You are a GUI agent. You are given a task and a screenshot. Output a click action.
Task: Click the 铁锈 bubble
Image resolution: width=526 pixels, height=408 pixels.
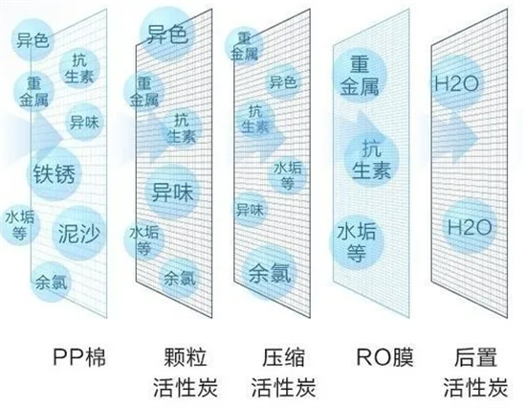(55, 173)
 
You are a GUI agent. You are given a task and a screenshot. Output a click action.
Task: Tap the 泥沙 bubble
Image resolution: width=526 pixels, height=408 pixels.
(79, 233)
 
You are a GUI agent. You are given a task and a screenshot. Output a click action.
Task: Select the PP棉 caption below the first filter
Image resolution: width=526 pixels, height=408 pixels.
(79, 357)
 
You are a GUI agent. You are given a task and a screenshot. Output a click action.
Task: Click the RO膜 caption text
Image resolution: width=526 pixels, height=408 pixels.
(384, 357)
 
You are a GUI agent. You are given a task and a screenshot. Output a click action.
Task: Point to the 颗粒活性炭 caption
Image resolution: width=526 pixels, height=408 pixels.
(186, 373)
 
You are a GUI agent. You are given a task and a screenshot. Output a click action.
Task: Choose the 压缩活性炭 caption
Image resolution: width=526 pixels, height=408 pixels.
(283, 373)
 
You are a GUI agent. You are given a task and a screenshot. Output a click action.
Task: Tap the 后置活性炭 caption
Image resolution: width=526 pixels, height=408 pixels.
(475, 373)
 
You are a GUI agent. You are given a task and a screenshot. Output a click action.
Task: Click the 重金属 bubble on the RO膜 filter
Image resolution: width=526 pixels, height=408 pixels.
(360, 76)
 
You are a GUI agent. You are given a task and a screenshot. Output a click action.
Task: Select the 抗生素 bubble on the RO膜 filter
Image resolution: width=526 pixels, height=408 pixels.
(372, 160)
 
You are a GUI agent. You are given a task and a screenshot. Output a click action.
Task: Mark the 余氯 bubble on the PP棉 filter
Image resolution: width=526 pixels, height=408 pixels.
(51, 282)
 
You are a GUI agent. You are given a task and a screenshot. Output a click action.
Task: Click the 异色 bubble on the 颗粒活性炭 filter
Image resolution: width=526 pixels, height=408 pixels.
(166, 34)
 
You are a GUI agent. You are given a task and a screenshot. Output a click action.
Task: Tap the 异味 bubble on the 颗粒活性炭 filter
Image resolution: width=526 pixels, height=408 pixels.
(172, 193)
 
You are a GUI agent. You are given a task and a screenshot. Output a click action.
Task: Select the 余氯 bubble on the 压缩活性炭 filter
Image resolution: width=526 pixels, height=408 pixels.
(270, 273)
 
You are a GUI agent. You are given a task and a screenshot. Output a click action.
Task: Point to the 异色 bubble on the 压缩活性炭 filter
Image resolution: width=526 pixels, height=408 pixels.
(283, 81)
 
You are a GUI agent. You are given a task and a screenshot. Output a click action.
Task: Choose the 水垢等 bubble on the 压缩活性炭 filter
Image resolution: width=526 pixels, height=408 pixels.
(288, 174)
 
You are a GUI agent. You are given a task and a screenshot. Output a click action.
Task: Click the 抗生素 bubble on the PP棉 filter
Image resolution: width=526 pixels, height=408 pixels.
(79, 69)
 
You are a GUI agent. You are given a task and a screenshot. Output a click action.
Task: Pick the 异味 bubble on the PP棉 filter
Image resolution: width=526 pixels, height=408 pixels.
(84, 122)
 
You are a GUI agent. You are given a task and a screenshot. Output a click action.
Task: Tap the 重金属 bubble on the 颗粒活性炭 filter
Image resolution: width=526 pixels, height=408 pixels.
(143, 91)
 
